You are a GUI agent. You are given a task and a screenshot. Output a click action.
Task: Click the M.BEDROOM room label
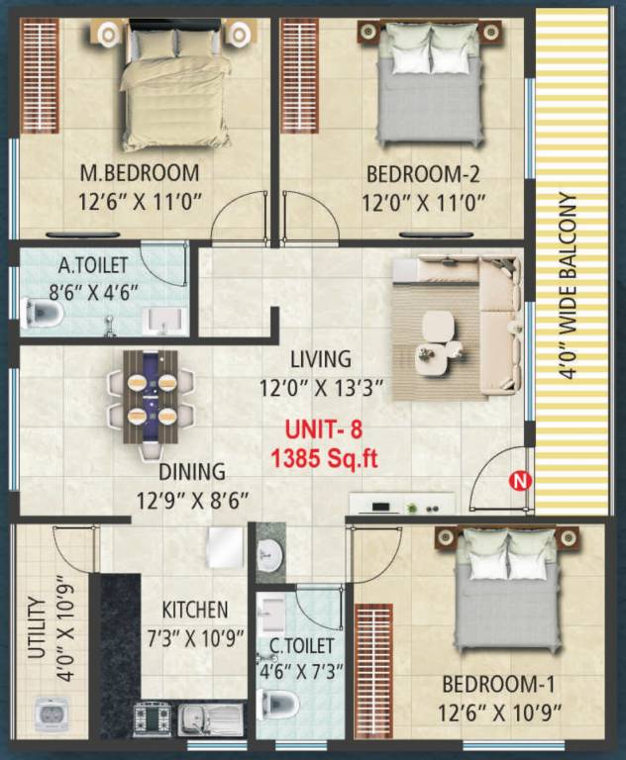[139, 174]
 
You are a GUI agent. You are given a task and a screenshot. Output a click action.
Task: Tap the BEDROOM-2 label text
[423, 175]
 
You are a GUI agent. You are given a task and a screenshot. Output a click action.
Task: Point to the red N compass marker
[516, 482]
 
